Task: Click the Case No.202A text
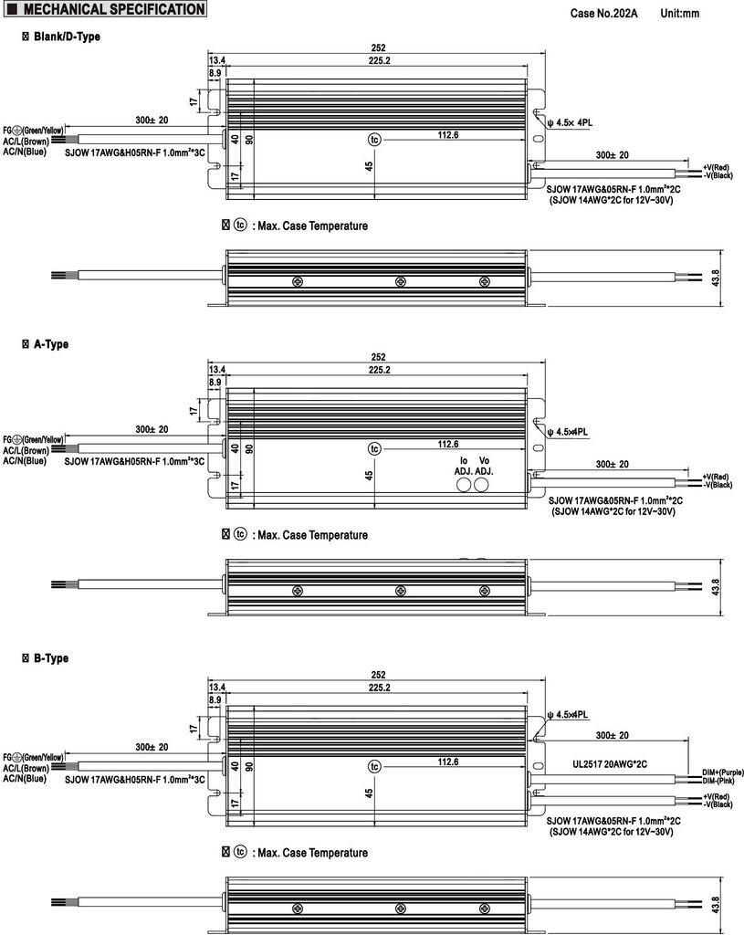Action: tap(604, 14)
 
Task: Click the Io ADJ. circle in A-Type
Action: tap(464, 486)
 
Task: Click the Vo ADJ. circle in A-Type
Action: tap(482, 486)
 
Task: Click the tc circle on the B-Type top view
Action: tap(373, 765)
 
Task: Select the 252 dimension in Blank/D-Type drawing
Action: tap(378, 48)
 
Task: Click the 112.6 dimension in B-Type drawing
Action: tap(447, 762)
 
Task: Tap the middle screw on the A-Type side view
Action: tap(400, 592)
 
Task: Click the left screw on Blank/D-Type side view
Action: tap(298, 281)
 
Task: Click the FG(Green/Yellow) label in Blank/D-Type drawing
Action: tap(33, 131)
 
